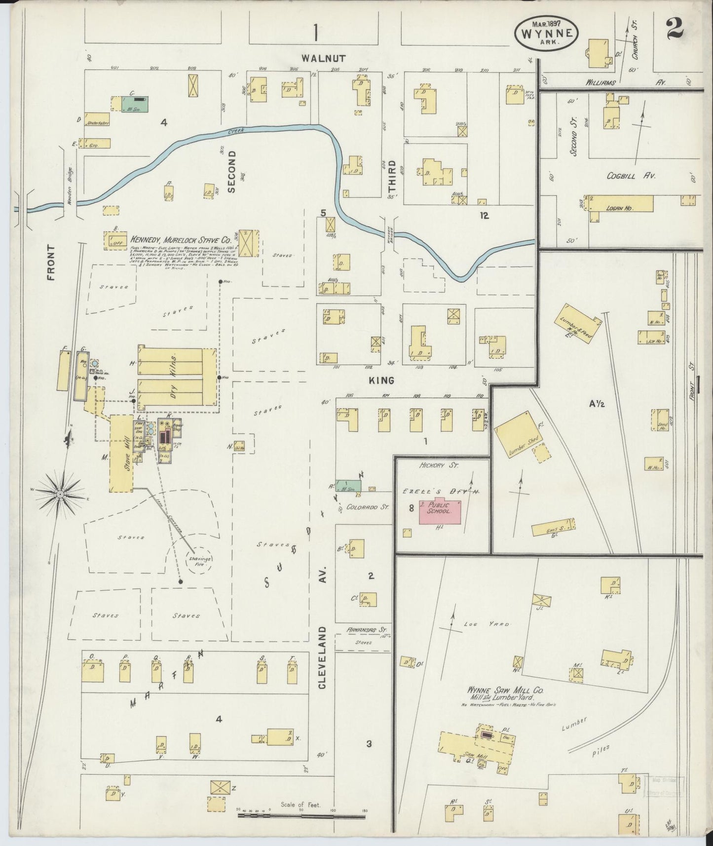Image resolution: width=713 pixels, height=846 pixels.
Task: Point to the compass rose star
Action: [59, 494]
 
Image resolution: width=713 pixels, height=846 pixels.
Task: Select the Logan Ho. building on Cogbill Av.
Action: [621, 203]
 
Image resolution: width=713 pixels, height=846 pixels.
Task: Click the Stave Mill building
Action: [121, 453]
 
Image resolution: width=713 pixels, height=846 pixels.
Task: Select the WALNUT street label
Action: [324, 58]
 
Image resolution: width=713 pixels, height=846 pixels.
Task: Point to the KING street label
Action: [381, 380]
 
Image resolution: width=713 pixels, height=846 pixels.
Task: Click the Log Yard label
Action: [486, 624]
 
